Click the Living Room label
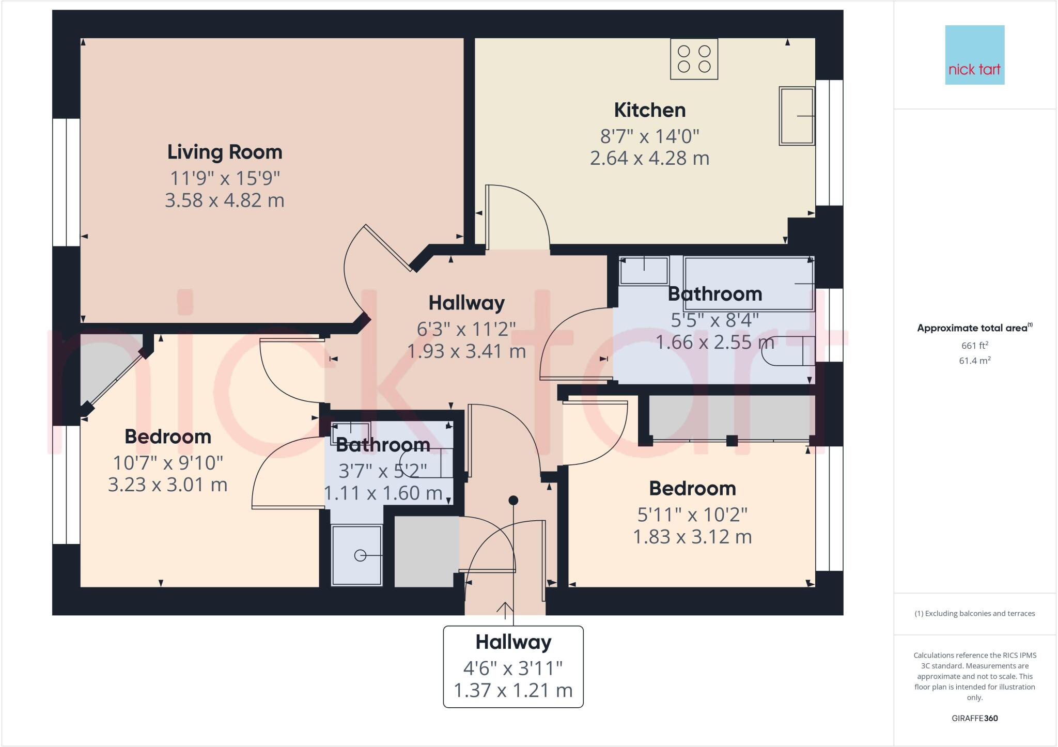point(225,152)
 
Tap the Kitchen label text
point(649,110)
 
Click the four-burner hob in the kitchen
point(694,59)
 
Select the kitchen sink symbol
point(796,116)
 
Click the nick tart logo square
point(974,55)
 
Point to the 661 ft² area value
point(974,345)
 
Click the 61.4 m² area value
point(974,361)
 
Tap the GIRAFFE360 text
point(974,718)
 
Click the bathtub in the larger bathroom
point(749,283)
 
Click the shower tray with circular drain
point(356,555)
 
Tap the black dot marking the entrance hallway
point(513,500)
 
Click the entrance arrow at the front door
point(505,610)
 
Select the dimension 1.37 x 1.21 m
point(513,690)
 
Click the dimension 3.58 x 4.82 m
point(225,200)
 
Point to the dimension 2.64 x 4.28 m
point(649,158)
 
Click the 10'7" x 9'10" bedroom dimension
point(168,462)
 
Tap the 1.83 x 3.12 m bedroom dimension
point(692,537)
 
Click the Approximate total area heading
point(972,328)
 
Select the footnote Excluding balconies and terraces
point(974,614)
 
